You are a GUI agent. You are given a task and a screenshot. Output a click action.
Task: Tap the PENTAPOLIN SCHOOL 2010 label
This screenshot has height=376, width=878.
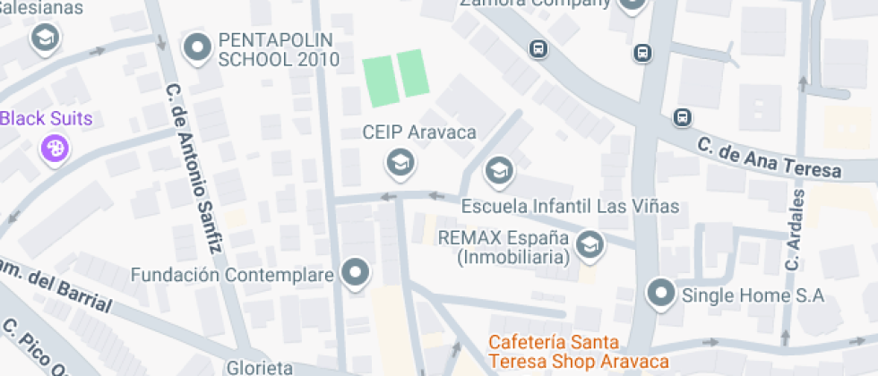pyautogui.click(x=279, y=50)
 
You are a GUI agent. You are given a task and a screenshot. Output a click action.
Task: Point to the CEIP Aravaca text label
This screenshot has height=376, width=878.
pyautogui.click(x=418, y=132)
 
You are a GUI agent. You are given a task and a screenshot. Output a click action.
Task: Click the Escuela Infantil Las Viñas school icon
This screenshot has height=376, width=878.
pyautogui.click(x=498, y=168)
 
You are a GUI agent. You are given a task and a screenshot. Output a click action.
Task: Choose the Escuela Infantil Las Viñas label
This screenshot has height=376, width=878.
pyautogui.click(x=570, y=206)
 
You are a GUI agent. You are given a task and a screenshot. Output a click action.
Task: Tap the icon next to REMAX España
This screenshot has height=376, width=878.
pyautogui.click(x=589, y=244)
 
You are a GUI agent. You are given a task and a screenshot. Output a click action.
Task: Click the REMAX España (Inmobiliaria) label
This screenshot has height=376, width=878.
pyautogui.click(x=504, y=248)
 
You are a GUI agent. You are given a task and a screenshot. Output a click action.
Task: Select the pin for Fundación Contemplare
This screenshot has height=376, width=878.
pyautogui.click(x=357, y=274)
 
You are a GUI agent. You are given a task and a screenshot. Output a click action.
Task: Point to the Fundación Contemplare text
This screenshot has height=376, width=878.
pyautogui.click(x=232, y=274)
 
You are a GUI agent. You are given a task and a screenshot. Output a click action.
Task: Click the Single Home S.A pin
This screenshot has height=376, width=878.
pyautogui.click(x=661, y=293)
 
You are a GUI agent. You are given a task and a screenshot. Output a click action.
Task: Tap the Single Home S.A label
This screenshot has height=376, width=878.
pyautogui.click(x=753, y=295)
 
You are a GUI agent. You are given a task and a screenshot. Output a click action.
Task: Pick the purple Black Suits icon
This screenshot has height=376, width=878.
pyautogui.click(x=55, y=148)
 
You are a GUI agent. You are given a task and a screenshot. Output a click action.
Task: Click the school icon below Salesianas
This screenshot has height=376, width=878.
pyautogui.click(x=43, y=38)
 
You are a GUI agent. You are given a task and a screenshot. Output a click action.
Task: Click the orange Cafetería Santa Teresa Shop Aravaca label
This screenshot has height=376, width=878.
pyautogui.click(x=579, y=351)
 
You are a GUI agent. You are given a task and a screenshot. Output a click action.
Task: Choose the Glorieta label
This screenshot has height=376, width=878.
pyautogui.click(x=260, y=367)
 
